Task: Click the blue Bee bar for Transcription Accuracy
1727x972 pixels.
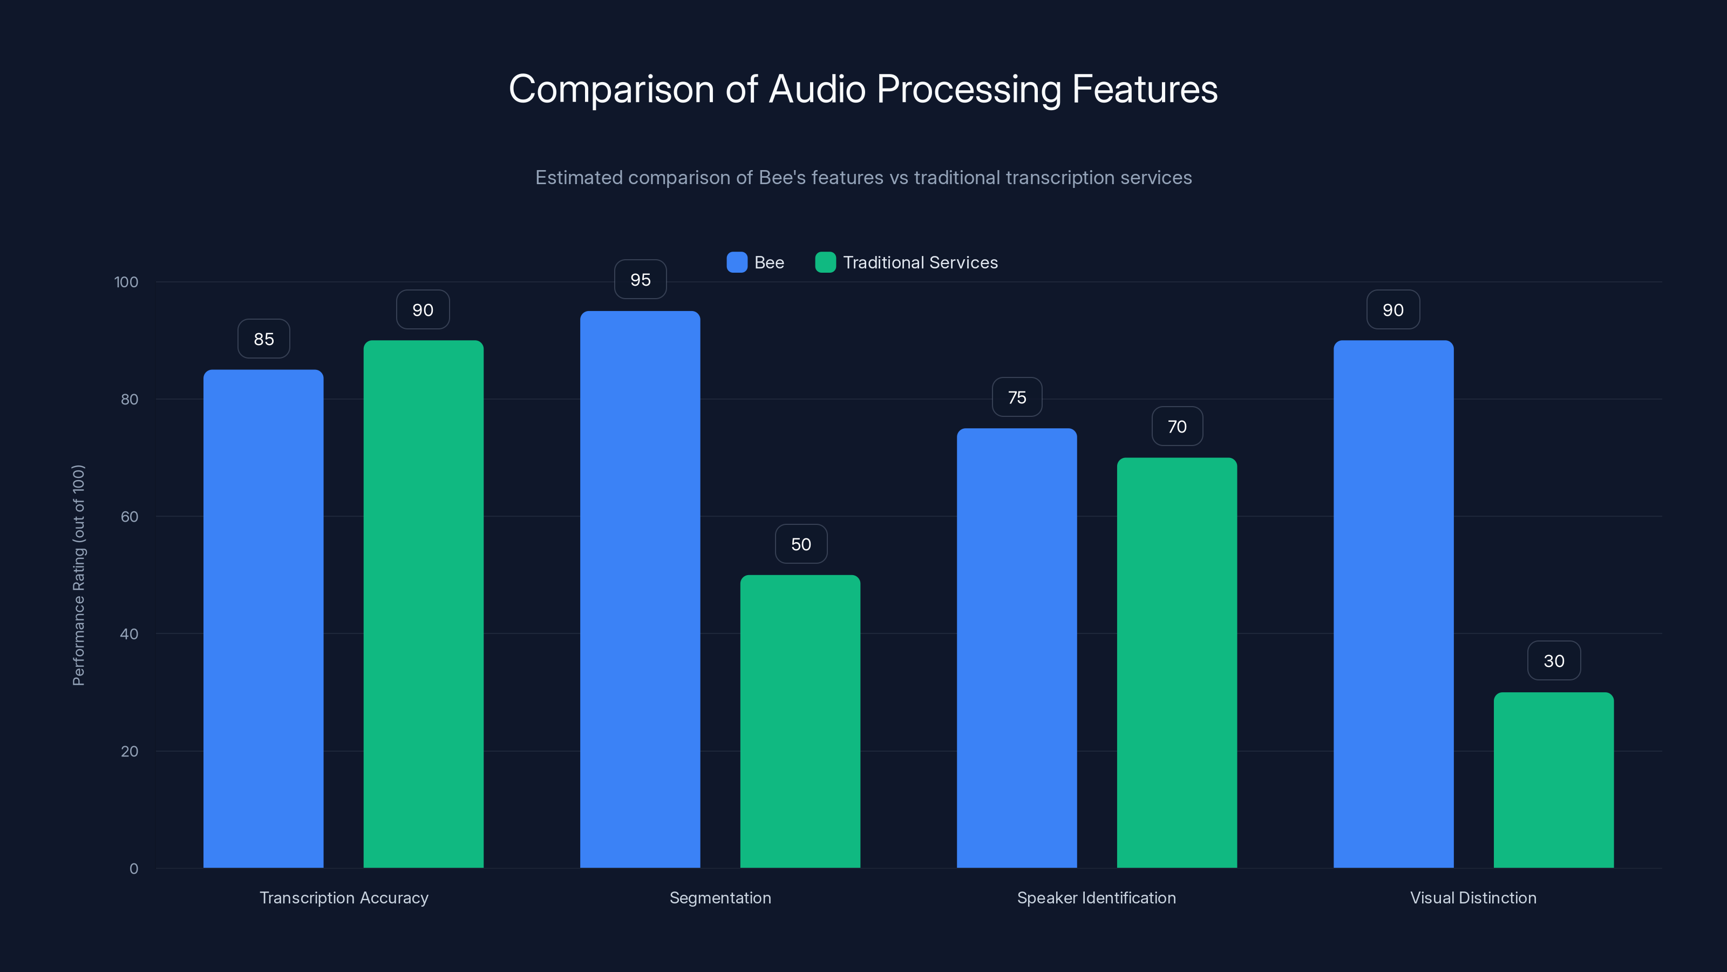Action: click(263, 618)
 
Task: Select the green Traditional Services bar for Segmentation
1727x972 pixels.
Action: click(800, 721)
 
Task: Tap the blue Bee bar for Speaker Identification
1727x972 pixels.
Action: click(1016, 648)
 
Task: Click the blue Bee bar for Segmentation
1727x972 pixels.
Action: click(640, 589)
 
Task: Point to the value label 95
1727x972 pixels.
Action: click(640, 280)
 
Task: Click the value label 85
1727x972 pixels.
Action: click(263, 339)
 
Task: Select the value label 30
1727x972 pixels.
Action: click(1553, 661)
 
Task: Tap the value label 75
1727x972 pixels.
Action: click(1016, 397)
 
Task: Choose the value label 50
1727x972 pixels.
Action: click(800, 544)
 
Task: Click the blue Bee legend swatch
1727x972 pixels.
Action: click(737, 262)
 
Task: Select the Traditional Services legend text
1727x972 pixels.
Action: click(920, 262)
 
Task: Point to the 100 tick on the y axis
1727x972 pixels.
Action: click(126, 282)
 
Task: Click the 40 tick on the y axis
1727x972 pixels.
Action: click(129, 634)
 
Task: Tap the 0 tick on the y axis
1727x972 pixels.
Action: click(133, 869)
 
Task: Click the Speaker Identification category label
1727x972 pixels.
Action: click(1096, 897)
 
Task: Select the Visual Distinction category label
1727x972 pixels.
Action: click(1473, 897)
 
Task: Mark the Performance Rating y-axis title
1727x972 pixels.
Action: click(78, 575)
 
